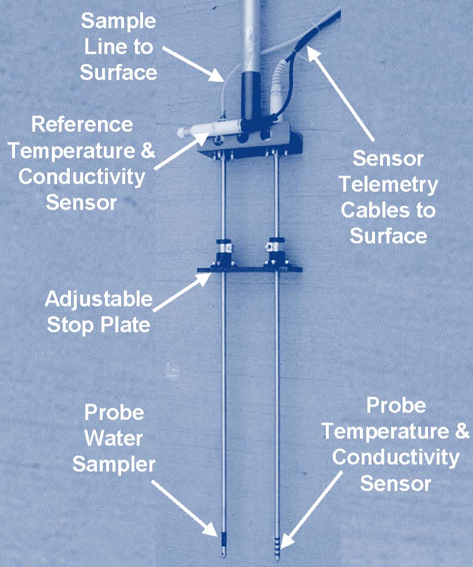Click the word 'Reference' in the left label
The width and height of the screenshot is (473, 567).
(82, 124)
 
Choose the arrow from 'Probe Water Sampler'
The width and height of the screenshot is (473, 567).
(190, 508)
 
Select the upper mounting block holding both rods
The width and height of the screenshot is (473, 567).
(248, 144)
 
